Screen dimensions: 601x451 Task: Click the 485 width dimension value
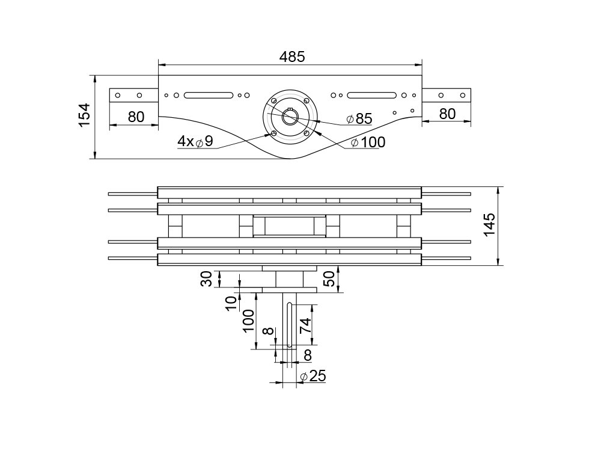click(x=292, y=57)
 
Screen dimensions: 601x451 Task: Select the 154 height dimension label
click(x=84, y=115)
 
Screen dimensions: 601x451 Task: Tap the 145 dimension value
click(x=489, y=225)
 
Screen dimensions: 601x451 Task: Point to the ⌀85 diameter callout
click(x=359, y=119)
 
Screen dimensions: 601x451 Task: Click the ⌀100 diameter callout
click(x=368, y=143)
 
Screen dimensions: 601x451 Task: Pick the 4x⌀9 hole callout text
click(x=195, y=141)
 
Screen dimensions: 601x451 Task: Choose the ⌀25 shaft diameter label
click(x=313, y=376)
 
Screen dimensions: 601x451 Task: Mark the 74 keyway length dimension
click(x=305, y=325)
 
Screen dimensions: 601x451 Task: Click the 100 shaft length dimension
click(x=248, y=321)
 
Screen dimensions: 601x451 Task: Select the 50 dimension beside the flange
click(x=329, y=278)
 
